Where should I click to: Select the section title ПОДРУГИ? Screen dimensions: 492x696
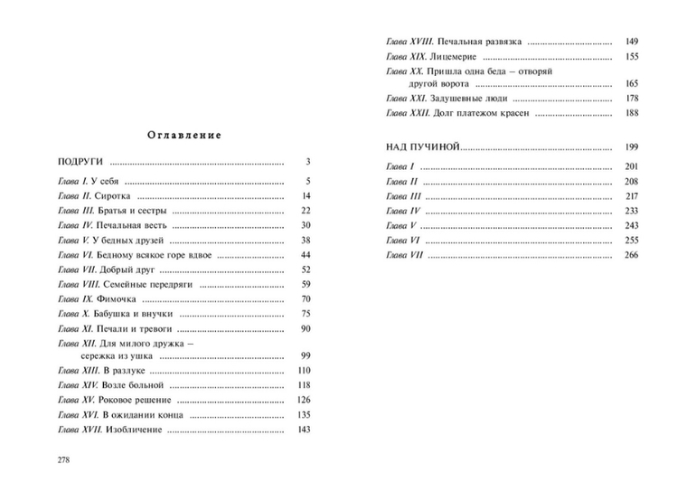pyautogui.click(x=79, y=162)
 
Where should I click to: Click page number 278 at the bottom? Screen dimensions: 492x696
pyautogui.click(x=63, y=459)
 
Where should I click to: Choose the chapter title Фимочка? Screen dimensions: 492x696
pyautogui.click(x=115, y=299)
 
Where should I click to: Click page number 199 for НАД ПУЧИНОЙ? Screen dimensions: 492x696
pyautogui.click(x=631, y=147)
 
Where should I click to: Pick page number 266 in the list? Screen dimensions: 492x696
pyautogui.click(x=631, y=256)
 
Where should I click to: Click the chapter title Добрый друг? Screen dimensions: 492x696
pyautogui.click(x=125, y=270)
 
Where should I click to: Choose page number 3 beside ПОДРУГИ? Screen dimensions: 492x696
pyautogui.click(x=307, y=162)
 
